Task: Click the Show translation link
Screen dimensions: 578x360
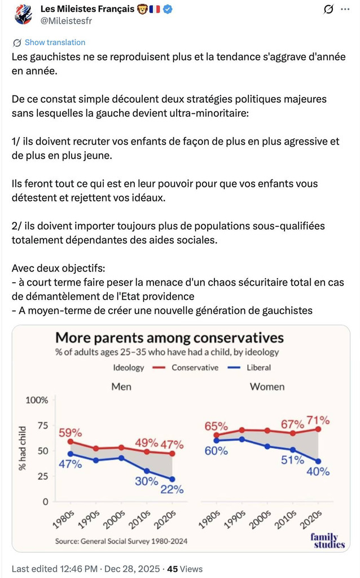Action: (x=55, y=42)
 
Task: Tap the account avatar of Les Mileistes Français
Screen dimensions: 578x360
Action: (x=23, y=15)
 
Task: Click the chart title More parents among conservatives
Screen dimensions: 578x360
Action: (x=169, y=338)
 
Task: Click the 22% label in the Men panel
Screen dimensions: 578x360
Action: (x=171, y=489)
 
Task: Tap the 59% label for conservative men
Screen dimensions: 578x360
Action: (x=71, y=433)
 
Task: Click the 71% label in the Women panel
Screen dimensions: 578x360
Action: (x=318, y=421)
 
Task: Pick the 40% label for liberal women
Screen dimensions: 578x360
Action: (x=318, y=471)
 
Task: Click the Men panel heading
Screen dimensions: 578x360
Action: (x=121, y=387)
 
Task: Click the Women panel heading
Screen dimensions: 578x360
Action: (x=267, y=387)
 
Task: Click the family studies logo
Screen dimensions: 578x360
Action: (x=327, y=540)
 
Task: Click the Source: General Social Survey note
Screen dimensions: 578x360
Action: (x=121, y=541)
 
